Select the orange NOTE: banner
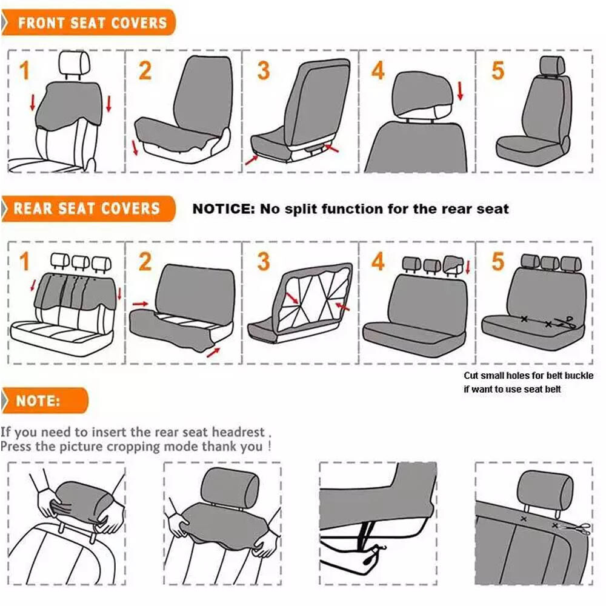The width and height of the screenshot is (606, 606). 45,401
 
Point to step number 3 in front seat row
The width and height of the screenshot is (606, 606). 263,70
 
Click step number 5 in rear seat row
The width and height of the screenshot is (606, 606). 498,261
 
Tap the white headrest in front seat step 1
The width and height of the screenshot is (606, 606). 75,64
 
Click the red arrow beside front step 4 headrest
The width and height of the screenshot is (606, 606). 460,91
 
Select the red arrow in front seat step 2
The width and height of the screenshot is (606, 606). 135,148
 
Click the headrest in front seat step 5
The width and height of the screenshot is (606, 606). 551,66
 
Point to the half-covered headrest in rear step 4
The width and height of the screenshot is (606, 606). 453,264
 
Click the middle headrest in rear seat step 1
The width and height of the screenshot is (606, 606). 81,262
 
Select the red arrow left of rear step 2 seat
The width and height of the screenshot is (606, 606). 140,304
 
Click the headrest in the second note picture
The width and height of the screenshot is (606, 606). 230,488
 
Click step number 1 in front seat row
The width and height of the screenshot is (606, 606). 24,70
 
